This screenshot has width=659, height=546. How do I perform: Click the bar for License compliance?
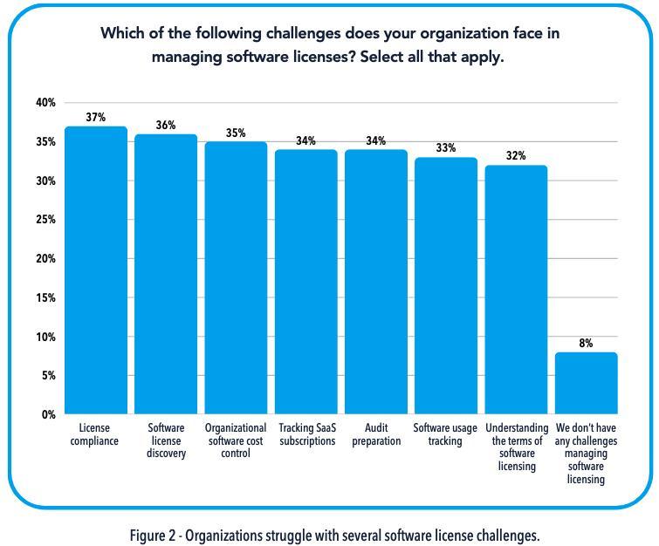(x=96, y=270)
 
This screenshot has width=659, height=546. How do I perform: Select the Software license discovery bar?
(x=166, y=274)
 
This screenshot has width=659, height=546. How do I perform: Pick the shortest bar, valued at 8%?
(x=586, y=383)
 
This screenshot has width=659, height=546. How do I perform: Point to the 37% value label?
(x=96, y=117)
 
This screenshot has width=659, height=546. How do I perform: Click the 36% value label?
(x=166, y=125)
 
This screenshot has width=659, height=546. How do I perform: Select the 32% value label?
(x=516, y=156)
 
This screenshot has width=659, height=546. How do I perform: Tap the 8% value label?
(x=586, y=344)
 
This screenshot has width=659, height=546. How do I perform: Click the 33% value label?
(x=446, y=148)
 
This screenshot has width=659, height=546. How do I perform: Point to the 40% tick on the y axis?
(x=45, y=103)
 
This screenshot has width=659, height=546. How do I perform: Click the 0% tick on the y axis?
(x=49, y=415)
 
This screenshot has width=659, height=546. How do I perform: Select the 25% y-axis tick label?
(x=45, y=220)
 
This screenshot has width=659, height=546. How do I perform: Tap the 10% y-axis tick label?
(x=45, y=338)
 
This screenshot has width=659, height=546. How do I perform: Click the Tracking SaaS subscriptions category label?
(x=307, y=434)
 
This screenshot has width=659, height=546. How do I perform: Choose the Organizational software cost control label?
(x=236, y=440)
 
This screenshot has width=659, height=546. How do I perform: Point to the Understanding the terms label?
(x=517, y=447)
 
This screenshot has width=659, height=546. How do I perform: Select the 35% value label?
(x=236, y=133)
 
